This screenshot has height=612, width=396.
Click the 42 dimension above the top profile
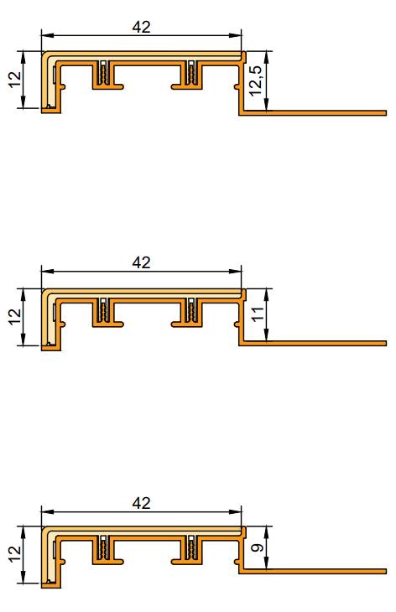tap(142, 27)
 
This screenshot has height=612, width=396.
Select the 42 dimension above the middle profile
tap(142, 262)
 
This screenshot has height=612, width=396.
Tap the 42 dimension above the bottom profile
tap(142, 503)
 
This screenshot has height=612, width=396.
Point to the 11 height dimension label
tap(258, 315)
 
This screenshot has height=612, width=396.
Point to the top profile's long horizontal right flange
tap(319, 111)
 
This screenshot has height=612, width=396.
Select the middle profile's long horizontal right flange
tap(319, 343)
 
